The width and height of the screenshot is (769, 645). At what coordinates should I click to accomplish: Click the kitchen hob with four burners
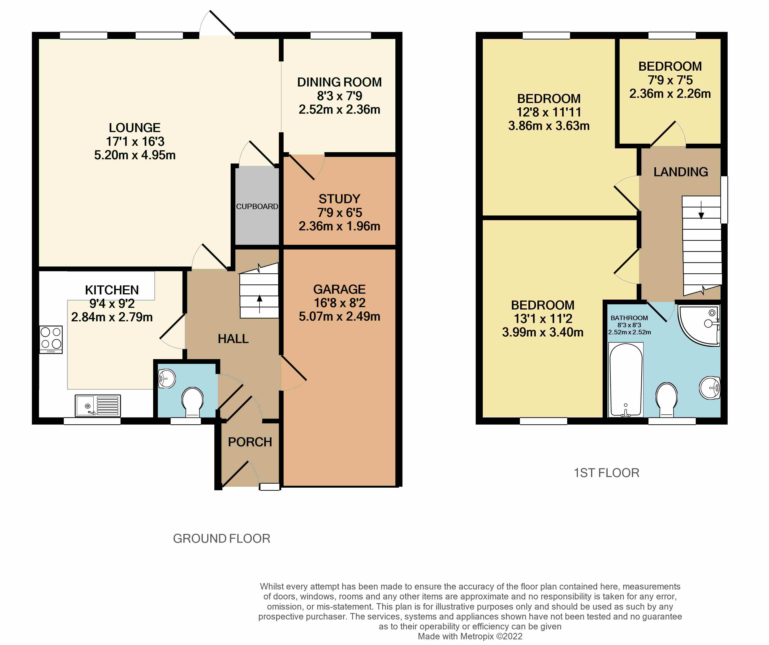(51, 340)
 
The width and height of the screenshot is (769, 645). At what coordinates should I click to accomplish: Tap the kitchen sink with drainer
(98, 406)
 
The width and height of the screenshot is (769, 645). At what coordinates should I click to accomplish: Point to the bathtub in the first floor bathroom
(626, 380)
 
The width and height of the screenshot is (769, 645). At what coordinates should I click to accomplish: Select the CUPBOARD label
(257, 206)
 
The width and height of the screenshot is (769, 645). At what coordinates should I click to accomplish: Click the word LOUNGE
(135, 128)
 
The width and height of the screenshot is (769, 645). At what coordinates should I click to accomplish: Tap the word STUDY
(339, 199)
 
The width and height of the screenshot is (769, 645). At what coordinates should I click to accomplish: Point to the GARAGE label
(339, 289)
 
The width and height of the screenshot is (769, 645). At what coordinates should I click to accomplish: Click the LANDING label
(681, 172)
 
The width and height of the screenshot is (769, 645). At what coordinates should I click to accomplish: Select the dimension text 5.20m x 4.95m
(135, 155)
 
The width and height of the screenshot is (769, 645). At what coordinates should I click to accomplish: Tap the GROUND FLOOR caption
(221, 538)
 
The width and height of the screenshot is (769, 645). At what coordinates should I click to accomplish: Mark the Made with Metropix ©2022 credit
(470, 636)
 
